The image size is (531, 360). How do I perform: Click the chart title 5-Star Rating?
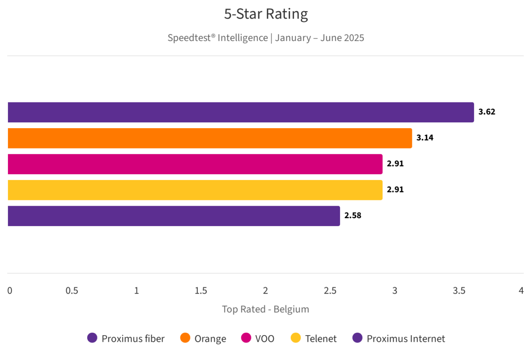click(266, 15)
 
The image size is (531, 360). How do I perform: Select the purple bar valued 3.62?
click(241, 112)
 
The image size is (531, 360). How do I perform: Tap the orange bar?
click(209, 138)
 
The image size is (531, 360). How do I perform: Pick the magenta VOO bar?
click(195, 164)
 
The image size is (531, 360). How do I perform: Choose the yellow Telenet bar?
click(195, 190)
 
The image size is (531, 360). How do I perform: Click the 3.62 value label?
click(487, 112)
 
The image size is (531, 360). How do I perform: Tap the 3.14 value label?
click(425, 138)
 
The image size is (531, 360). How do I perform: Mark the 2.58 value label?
click(353, 216)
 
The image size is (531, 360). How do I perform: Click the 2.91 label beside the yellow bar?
click(395, 190)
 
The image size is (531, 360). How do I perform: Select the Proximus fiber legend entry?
click(126, 338)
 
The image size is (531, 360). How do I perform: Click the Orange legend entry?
click(203, 338)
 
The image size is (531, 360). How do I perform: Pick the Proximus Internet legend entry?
click(399, 338)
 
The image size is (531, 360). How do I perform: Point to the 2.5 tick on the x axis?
click(330, 291)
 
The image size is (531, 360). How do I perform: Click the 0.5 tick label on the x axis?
click(72, 291)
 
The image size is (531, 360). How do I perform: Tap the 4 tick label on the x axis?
click(521, 291)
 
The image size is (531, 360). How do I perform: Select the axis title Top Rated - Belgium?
click(265, 309)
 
